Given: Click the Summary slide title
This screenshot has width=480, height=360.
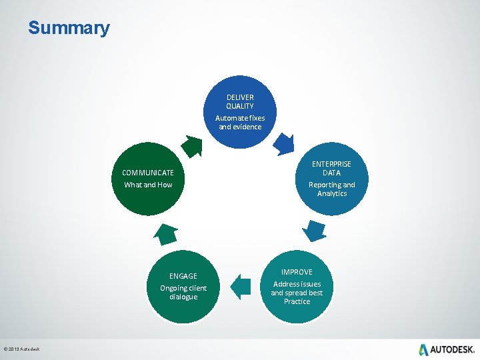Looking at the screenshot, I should tap(69, 29).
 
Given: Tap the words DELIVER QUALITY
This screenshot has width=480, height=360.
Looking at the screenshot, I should tap(240, 101).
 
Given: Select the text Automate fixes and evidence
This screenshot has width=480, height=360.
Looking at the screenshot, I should tap(240, 122).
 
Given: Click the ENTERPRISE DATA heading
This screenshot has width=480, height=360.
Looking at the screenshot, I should tap(332, 168).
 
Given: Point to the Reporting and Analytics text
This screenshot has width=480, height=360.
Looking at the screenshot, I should tap(332, 189).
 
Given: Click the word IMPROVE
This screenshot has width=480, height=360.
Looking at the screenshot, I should tap(297, 272).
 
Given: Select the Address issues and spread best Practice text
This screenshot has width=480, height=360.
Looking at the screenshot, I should tap(297, 293).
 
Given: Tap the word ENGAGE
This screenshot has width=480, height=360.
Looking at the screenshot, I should tap(183, 276).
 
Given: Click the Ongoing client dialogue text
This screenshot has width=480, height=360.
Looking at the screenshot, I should tap(183, 292).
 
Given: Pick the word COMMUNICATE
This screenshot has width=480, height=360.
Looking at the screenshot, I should tap(148, 173).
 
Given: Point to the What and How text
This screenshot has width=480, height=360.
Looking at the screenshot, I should tap(148, 185).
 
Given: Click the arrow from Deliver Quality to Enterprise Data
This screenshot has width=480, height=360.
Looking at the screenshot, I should tap(283, 143).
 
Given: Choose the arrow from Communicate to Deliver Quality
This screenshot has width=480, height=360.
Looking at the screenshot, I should tap(193, 145).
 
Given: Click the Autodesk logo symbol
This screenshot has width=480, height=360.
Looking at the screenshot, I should tap(423, 349).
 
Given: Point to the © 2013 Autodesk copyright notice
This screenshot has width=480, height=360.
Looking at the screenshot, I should tap(21, 349).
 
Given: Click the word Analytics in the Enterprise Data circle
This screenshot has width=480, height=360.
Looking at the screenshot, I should tap(332, 193).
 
